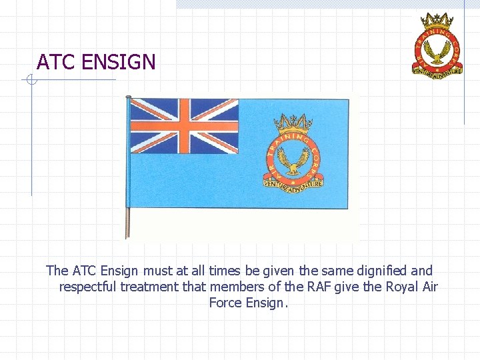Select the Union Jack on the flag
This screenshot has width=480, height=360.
183,126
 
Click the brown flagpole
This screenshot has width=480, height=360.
128,167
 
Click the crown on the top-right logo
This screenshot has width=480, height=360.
438,17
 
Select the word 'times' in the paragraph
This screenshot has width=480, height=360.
226,271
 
